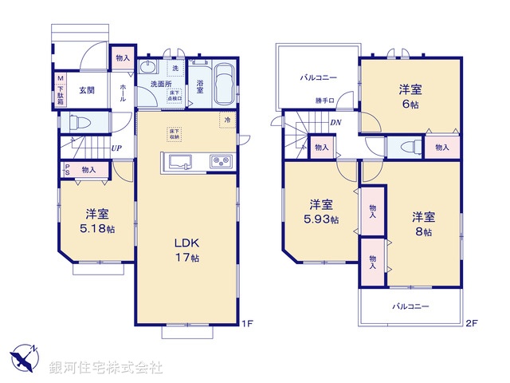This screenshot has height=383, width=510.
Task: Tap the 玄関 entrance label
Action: (x=87, y=90)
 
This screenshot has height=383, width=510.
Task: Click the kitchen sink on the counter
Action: (x=181, y=162)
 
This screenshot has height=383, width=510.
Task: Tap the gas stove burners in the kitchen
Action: (x=220, y=162)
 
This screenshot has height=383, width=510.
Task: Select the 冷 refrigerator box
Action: (x=227, y=120)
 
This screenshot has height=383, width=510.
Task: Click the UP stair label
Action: (x=116, y=148)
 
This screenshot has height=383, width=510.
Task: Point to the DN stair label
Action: (x=336, y=122)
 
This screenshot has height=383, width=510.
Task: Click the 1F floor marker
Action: (x=247, y=323)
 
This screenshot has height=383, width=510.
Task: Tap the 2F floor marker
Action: (x=471, y=323)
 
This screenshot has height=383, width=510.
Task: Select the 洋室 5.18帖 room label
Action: (x=98, y=220)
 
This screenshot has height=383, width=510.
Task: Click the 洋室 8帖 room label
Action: (x=422, y=224)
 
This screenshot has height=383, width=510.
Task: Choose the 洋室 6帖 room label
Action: (x=411, y=97)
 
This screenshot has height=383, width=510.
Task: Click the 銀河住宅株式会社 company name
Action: (x=106, y=368)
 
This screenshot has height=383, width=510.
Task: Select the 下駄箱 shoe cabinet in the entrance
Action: (x=60, y=89)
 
